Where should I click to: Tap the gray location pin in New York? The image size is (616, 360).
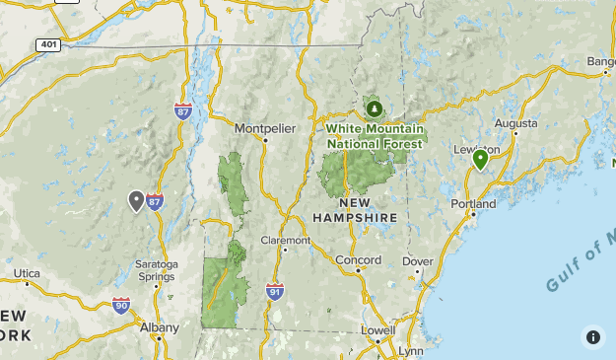(x=136, y=200)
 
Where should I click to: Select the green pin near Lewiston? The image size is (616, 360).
(x=481, y=158)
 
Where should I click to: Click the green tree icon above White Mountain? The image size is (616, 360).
(x=374, y=108)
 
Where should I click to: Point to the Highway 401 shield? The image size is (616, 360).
(x=47, y=45)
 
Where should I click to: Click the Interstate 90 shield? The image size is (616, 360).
(x=120, y=306)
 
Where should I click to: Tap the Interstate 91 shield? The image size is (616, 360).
(x=275, y=291)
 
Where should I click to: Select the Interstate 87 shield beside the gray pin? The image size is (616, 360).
(x=155, y=201)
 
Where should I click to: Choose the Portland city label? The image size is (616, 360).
(x=472, y=204)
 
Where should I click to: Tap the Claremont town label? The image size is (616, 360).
(x=286, y=240)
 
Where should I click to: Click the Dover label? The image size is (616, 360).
(x=418, y=261)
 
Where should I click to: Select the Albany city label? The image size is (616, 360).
(x=160, y=327)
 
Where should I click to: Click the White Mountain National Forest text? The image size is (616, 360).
(x=375, y=136)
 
